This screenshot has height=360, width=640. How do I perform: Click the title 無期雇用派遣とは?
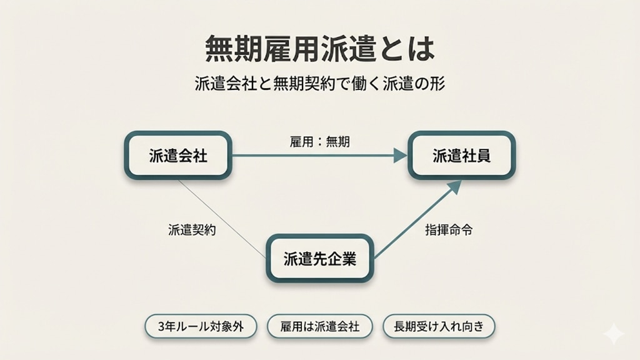[319, 49]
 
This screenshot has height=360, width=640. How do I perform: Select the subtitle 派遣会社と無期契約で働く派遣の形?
[319, 84]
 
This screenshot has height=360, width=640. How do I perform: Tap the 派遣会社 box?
[178, 156]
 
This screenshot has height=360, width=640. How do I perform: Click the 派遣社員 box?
[462, 156]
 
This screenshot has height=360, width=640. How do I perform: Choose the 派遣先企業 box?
[320, 258]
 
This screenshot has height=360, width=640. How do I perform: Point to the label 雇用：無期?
[319, 142]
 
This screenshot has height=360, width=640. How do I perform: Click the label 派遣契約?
[192, 230]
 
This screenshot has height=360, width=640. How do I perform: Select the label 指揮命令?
[449, 230]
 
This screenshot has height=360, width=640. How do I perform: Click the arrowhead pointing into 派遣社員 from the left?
[400, 156]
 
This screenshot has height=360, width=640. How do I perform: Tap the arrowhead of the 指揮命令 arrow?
[455, 187]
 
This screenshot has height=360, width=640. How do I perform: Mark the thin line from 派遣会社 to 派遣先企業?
[222, 219]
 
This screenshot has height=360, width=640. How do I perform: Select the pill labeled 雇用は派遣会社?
[320, 326]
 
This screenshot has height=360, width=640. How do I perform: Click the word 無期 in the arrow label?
[337, 142]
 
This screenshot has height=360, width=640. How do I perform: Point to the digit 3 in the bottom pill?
[162, 326]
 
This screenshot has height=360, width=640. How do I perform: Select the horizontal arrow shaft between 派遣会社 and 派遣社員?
[312, 156]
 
